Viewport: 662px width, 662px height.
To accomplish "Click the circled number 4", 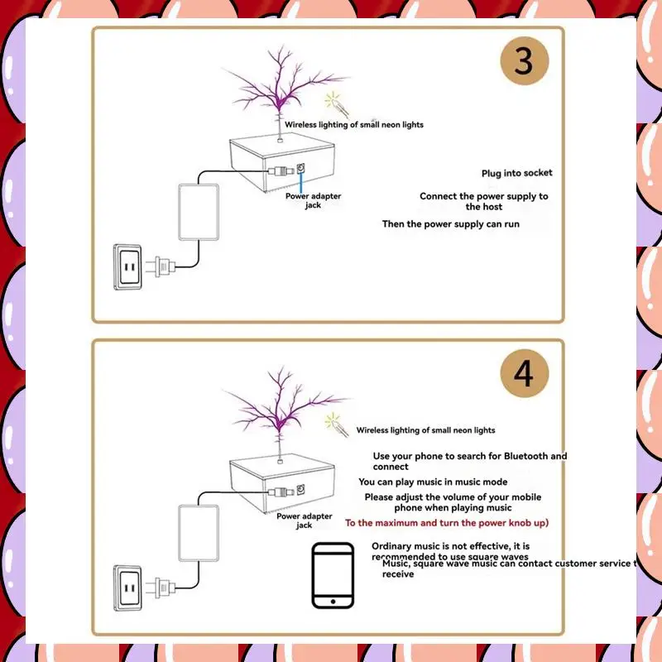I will [x=524, y=373].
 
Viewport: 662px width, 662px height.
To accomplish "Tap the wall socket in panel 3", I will [x=129, y=266].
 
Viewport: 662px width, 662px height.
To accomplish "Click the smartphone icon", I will [x=334, y=577].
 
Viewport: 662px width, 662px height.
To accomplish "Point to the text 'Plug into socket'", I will [x=516, y=173].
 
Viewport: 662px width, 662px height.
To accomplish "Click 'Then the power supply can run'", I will [x=450, y=224].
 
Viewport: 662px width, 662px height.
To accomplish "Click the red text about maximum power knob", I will [x=447, y=523].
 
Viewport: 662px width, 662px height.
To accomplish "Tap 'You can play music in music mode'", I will [x=433, y=482].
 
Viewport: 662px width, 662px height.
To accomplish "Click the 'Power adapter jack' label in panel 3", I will [x=313, y=200].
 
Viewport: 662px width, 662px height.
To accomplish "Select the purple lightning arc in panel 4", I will [x=281, y=405].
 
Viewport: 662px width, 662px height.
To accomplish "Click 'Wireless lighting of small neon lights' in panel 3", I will [x=354, y=125].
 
